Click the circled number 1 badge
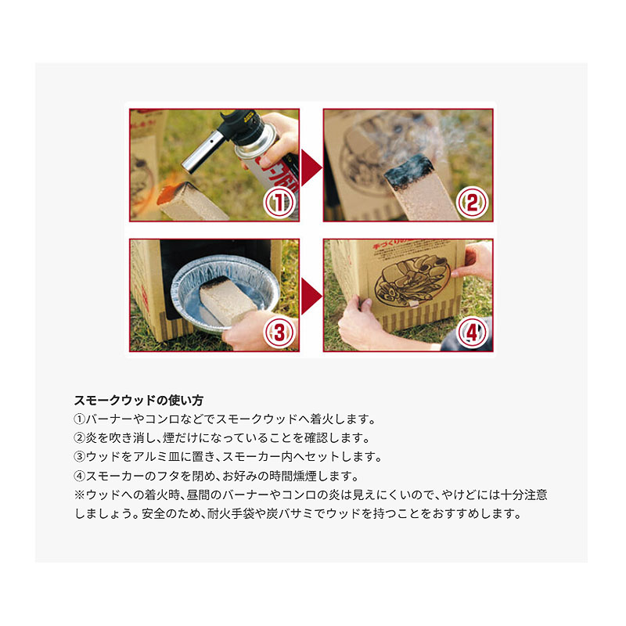[x=280, y=203]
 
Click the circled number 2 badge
[x=473, y=203]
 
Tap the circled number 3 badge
[x=280, y=332]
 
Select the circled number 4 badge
[x=473, y=332]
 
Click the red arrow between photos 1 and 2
[x=311, y=167]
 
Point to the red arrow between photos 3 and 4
[x=311, y=297]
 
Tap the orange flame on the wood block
[x=170, y=193]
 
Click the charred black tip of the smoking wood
[x=408, y=172]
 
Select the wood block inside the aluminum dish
[x=228, y=300]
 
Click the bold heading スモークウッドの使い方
[x=139, y=400]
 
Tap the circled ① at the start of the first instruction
[x=80, y=419]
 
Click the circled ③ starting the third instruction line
[x=80, y=457]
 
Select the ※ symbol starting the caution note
[x=80, y=495]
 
